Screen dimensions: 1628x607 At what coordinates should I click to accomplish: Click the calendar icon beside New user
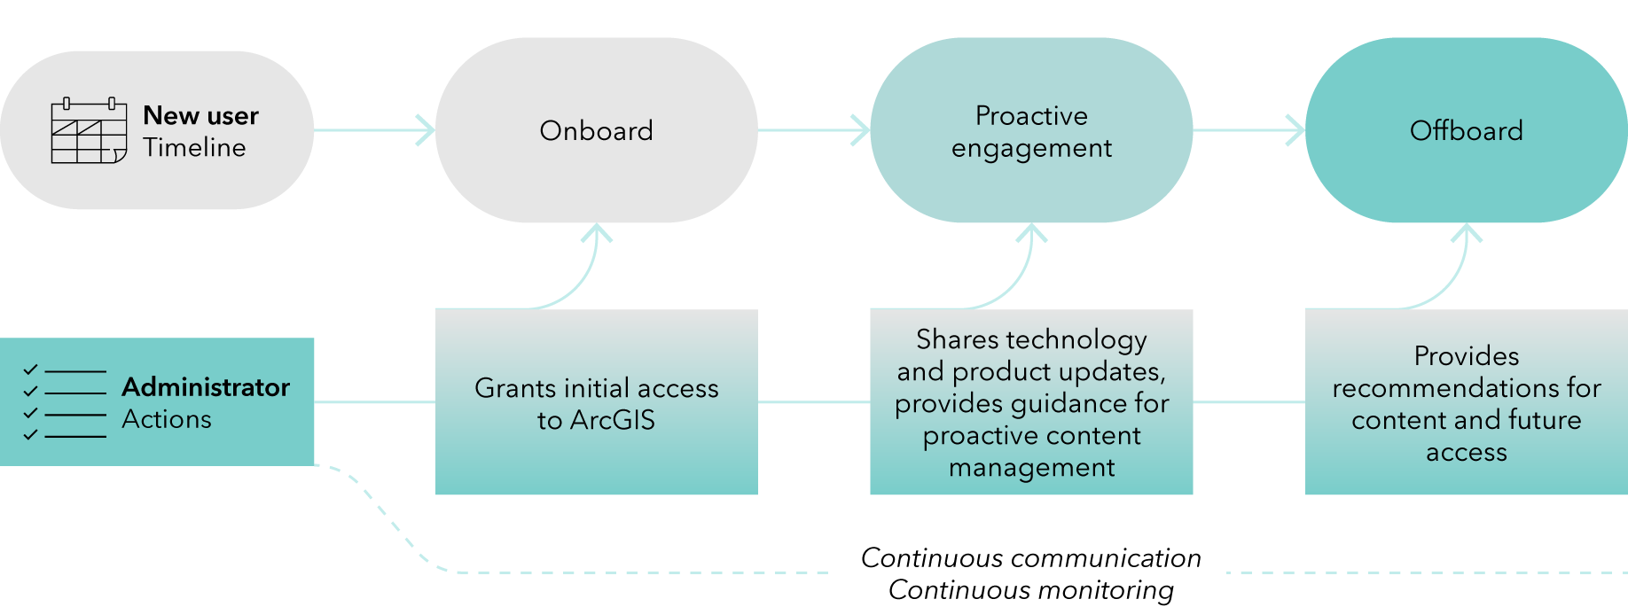89,130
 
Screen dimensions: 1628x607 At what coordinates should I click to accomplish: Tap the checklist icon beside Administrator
64,402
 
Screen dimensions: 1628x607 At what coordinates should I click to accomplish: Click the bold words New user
200,115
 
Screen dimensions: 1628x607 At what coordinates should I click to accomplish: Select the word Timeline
194,147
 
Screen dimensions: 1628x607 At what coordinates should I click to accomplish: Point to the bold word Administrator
206,387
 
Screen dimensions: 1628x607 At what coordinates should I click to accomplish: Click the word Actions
167,419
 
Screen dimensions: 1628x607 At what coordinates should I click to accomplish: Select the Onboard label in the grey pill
596,131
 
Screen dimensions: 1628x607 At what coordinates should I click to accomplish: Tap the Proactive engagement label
1031,132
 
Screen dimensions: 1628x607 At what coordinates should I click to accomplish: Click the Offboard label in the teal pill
1466,131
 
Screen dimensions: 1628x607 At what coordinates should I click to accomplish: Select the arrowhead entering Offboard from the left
1296,130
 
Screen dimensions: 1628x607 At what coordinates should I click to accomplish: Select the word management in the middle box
1031,468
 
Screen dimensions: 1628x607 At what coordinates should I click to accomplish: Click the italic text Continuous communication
1031,558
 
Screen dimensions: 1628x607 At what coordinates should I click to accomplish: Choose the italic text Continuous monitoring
1031,590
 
